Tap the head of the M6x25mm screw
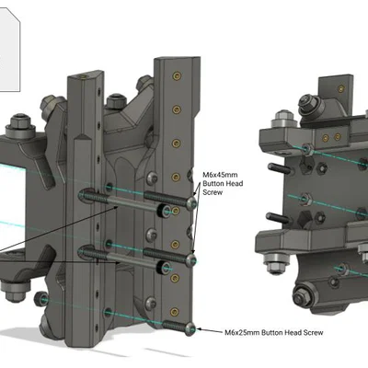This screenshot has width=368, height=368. coord(191,328)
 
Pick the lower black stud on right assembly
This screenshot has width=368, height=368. coord(273,219)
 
